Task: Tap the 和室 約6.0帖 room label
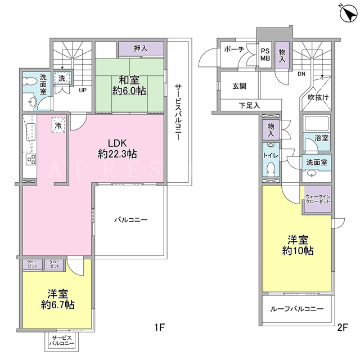(129, 85)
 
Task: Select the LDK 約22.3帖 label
(117, 148)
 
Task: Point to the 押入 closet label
(141, 48)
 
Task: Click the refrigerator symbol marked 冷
(58, 125)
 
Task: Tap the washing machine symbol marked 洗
(62, 78)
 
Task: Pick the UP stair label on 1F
(83, 90)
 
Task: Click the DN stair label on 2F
(301, 74)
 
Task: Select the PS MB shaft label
(265, 55)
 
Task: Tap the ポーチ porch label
(234, 49)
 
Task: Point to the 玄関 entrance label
(239, 86)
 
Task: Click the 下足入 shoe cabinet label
(249, 106)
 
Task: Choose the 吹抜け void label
(318, 97)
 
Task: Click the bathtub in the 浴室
(316, 123)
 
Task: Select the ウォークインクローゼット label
(318, 199)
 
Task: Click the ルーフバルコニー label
(296, 309)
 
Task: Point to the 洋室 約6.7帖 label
(57, 299)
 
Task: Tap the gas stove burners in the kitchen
(31, 159)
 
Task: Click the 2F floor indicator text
(343, 327)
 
